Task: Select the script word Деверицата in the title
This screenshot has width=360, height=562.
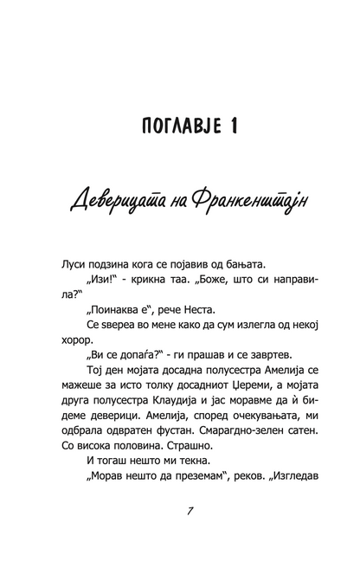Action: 122,203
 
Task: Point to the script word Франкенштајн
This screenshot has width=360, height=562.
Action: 244,203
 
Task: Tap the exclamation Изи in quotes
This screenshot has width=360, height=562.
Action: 100,282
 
